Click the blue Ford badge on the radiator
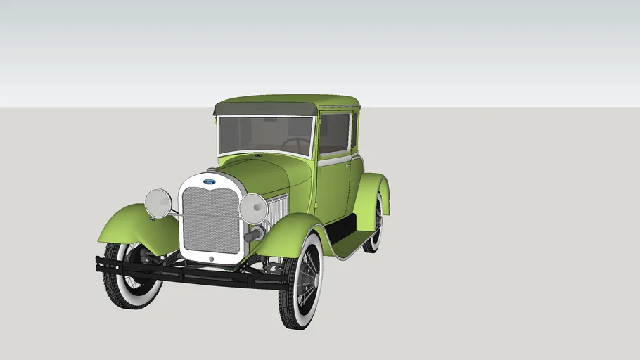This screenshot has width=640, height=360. pyautogui.click(x=210, y=182)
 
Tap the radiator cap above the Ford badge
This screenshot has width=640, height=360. pyautogui.click(x=211, y=170)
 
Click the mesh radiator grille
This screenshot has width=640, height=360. pyautogui.click(x=211, y=220)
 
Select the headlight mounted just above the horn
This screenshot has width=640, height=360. pyautogui.click(x=253, y=208)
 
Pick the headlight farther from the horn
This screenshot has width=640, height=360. pyautogui.click(x=158, y=202)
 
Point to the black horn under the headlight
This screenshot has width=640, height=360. pyautogui.click(x=255, y=233)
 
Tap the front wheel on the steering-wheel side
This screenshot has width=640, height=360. pyautogui.click(x=302, y=281)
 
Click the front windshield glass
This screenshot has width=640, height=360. pyautogui.click(x=265, y=135)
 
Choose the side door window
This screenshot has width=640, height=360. pyautogui.click(x=334, y=133)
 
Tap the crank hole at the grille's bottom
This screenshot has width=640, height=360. pyautogui.click(x=210, y=258)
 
